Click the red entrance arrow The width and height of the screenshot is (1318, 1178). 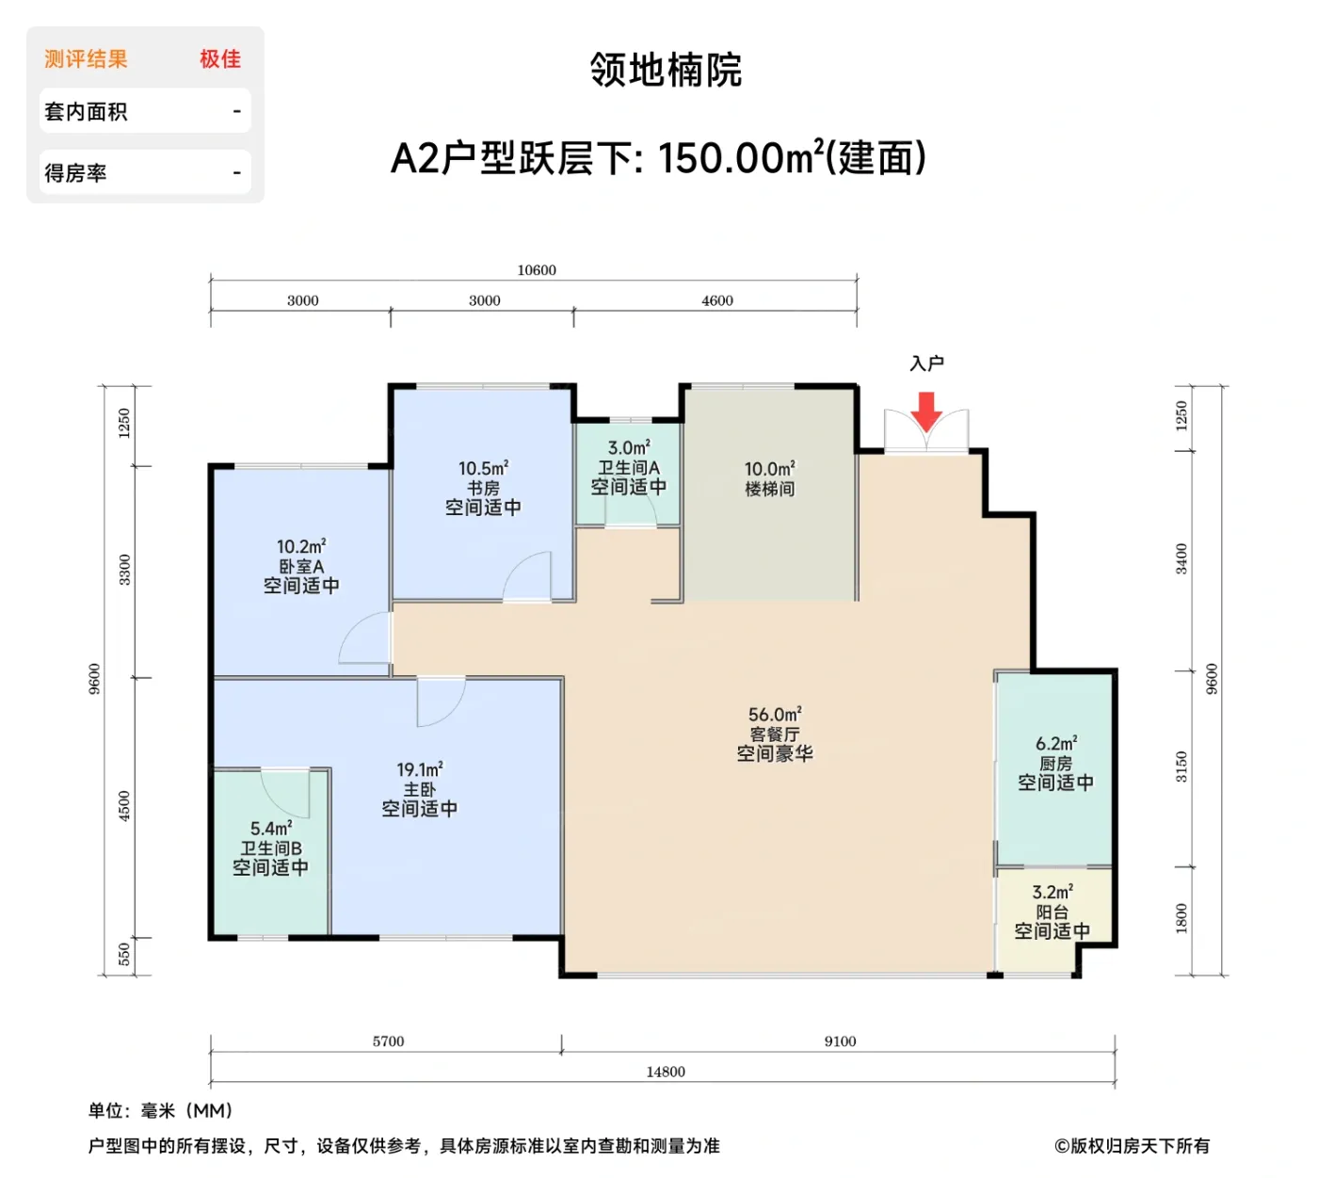pyautogui.click(x=926, y=411)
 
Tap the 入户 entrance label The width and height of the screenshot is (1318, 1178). pyautogui.click(x=926, y=363)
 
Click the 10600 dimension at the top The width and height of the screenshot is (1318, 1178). pyautogui.click(x=537, y=270)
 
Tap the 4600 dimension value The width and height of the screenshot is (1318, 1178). pyautogui.click(x=717, y=300)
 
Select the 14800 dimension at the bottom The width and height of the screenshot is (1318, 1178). pyautogui.click(x=666, y=1072)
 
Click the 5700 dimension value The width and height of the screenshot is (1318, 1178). pyautogui.click(x=388, y=1041)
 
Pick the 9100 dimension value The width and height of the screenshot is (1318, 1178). pyautogui.click(x=840, y=1041)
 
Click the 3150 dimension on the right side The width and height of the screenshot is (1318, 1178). pyautogui.click(x=1181, y=767)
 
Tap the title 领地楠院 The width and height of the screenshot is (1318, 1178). pyautogui.click(x=667, y=70)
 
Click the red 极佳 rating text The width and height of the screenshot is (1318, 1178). pyautogui.click(x=220, y=59)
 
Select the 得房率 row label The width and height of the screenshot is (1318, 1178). pyautogui.click(x=76, y=173)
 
